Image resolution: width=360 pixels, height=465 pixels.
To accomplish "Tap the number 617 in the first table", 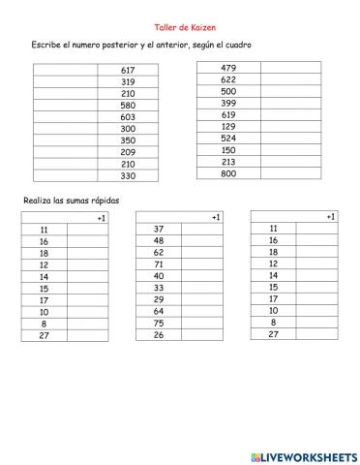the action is (129, 70).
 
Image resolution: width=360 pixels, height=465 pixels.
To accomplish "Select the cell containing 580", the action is (129, 105).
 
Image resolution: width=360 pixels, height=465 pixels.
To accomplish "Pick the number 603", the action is (129, 116).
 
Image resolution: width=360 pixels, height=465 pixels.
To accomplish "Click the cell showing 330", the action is (129, 175).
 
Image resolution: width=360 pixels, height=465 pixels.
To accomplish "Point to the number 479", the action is (228, 67).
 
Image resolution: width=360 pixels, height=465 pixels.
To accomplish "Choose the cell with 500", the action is (228, 90).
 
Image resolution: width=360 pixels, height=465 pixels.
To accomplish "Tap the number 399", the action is (228, 102).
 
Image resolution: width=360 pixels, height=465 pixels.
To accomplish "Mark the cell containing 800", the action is (228, 172).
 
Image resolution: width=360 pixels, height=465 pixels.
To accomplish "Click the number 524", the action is (228, 138).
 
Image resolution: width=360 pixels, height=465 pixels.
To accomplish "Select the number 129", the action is (228, 126).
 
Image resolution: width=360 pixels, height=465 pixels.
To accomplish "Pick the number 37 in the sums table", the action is (159, 229).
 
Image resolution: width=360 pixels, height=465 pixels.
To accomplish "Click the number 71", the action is (159, 263).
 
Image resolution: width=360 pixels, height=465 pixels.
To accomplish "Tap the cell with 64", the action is (159, 311).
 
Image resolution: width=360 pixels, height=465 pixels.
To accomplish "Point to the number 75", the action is (159, 323).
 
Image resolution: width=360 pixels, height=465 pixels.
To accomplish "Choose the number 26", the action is (159, 335).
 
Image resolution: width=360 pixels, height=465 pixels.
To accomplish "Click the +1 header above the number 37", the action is (216, 217).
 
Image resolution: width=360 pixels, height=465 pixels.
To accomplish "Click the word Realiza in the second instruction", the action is (39, 200).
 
